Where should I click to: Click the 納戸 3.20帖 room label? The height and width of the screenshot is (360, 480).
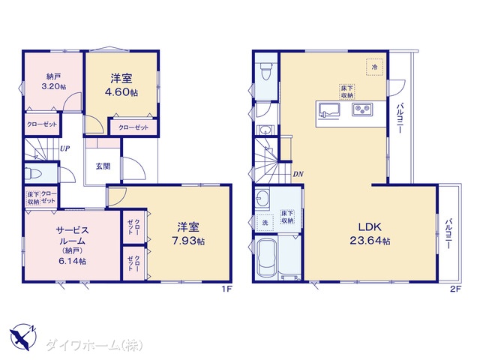pos(53,81)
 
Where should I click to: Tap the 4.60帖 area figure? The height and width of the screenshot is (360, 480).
pos(121,92)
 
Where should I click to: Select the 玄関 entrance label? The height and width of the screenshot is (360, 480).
pos(103,166)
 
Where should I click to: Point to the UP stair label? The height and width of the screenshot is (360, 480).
pos(64,148)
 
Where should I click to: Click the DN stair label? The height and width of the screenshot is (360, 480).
pos(298,174)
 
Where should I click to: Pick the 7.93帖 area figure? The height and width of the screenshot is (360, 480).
pos(188,241)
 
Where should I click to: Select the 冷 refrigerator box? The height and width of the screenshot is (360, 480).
pos(375,67)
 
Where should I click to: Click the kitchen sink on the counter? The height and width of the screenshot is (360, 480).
pos(329,110)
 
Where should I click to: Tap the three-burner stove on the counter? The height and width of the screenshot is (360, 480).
pos(362,109)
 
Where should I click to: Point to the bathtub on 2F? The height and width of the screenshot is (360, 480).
pos(266,258)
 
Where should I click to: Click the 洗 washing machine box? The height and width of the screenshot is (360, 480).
pos(265,223)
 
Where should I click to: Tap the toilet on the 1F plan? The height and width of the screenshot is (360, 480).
pos(33,173)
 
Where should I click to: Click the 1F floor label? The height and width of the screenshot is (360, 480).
pos(227,289)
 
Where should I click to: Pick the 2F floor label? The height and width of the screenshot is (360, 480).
pos(455,289)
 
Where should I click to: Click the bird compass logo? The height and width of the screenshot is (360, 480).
pos(23,337)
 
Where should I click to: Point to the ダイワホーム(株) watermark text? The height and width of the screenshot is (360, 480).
pos(94,346)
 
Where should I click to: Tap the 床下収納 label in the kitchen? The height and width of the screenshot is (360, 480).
pos(347,92)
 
